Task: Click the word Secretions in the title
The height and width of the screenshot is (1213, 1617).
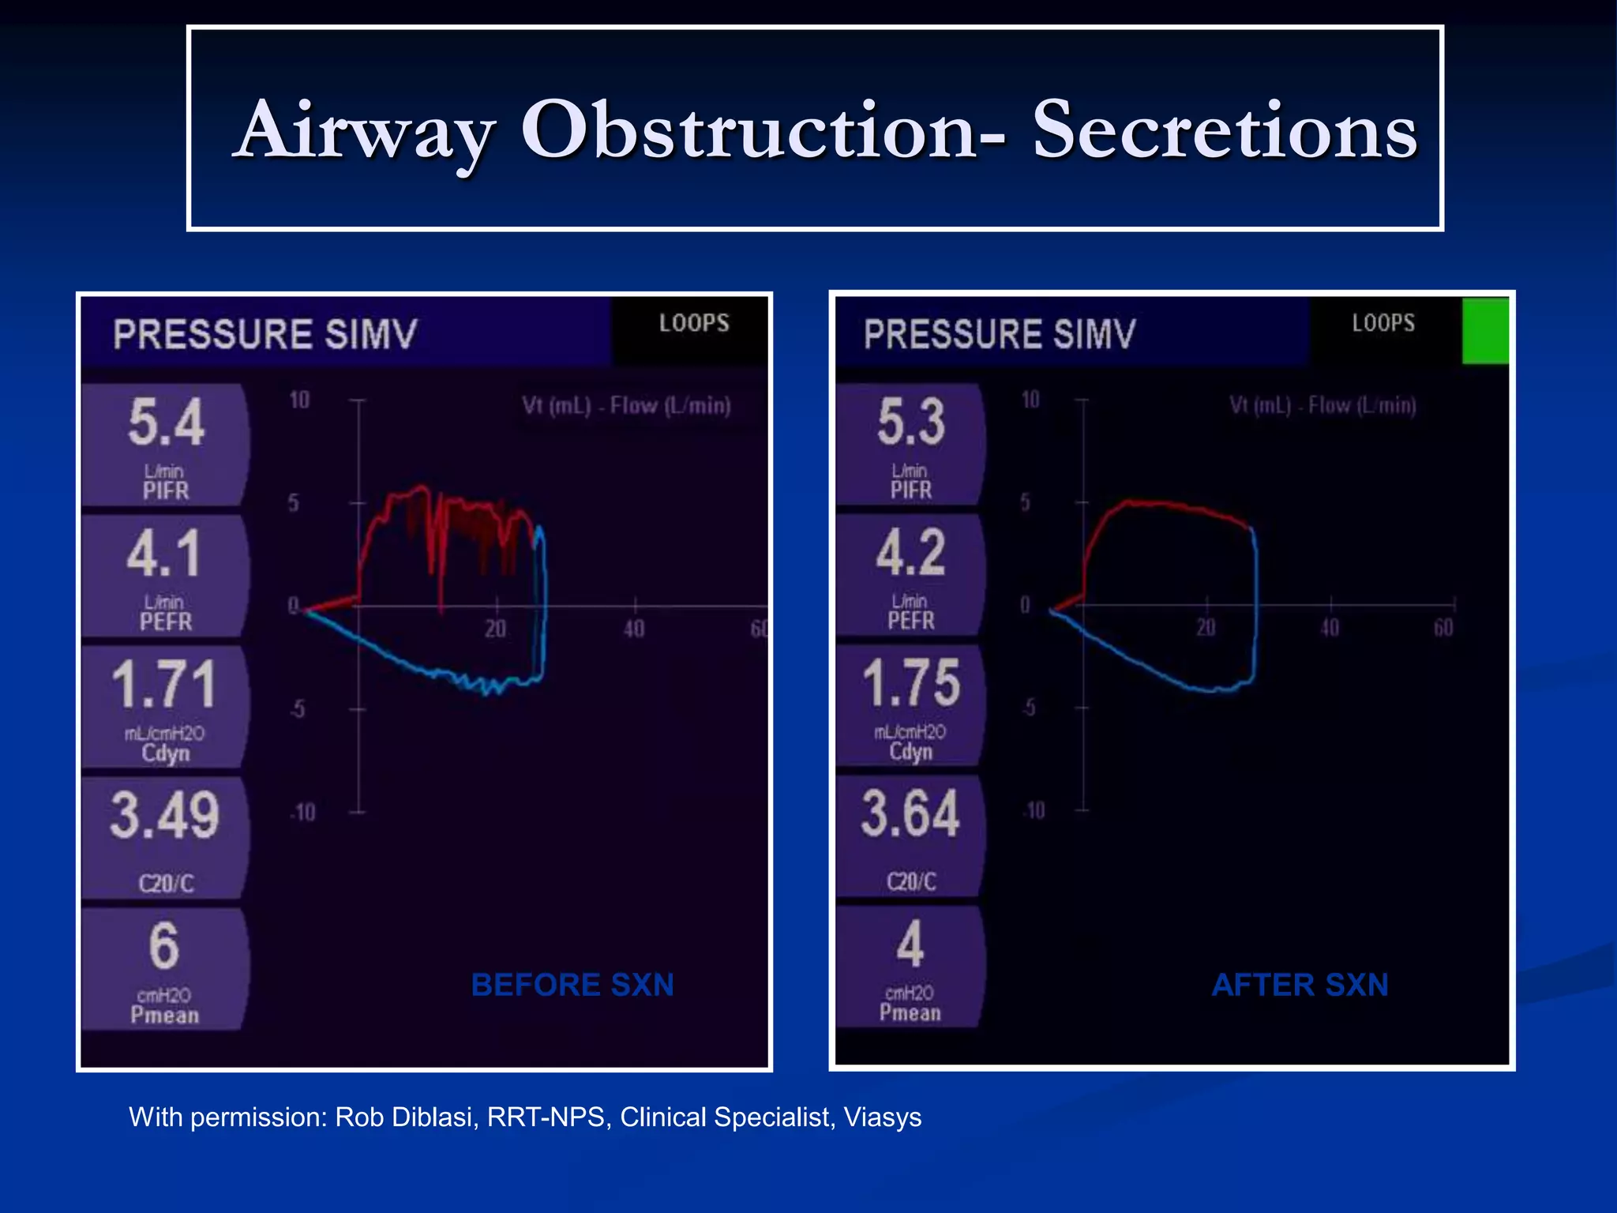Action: coord(1224,130)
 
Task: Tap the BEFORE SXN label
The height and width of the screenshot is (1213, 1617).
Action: coord(572,985)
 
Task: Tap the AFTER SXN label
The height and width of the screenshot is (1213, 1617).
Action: coord(1300,985)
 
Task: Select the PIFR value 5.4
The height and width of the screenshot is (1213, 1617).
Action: coord(166,422)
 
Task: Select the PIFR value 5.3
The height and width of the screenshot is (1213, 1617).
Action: coord(910,422)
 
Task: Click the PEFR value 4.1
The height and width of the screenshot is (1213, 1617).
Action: coord(163,554)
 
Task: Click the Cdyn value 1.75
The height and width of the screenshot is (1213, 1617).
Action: coord(910,683)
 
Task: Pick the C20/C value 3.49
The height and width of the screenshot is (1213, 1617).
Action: coord(164,815)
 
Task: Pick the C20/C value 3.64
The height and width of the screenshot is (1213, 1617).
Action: coord(910,813)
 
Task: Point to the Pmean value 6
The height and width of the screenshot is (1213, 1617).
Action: coord(164,945)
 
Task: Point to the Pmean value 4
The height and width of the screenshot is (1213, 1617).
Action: coord(910,944)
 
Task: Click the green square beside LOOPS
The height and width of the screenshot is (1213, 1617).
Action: coord(1485,330)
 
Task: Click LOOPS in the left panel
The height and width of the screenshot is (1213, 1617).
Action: coord(694,323)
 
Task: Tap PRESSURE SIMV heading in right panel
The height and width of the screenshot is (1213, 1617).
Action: coord(999,334)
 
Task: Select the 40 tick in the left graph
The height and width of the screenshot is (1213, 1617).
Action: coord(634,629)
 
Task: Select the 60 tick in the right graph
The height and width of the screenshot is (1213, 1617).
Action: coord(1443,628)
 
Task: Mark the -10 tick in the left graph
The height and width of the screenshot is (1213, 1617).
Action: coord(303,812)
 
